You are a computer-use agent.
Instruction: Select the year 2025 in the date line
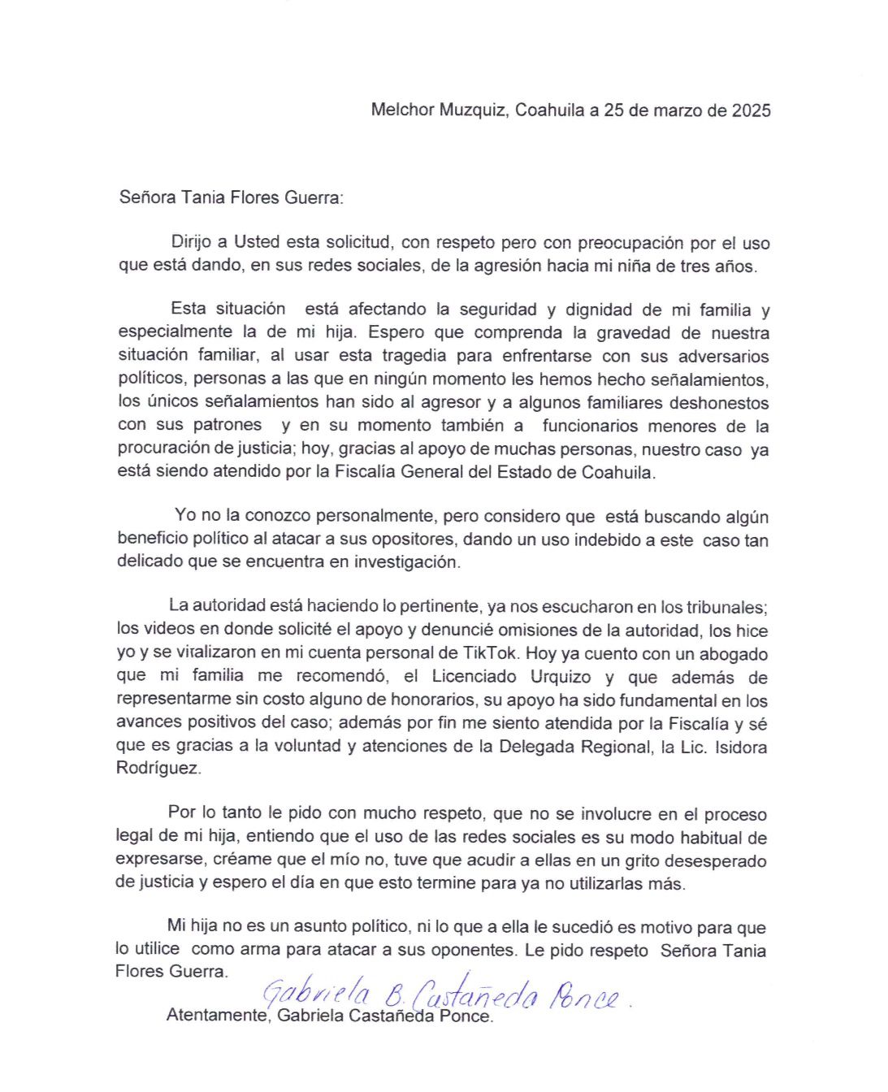[x=751, y=110]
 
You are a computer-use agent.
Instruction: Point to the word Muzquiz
[x=472, y=110]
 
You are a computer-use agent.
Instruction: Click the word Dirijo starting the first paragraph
[x=193, y=242]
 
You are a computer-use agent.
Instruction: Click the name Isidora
[x=740, y=747]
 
